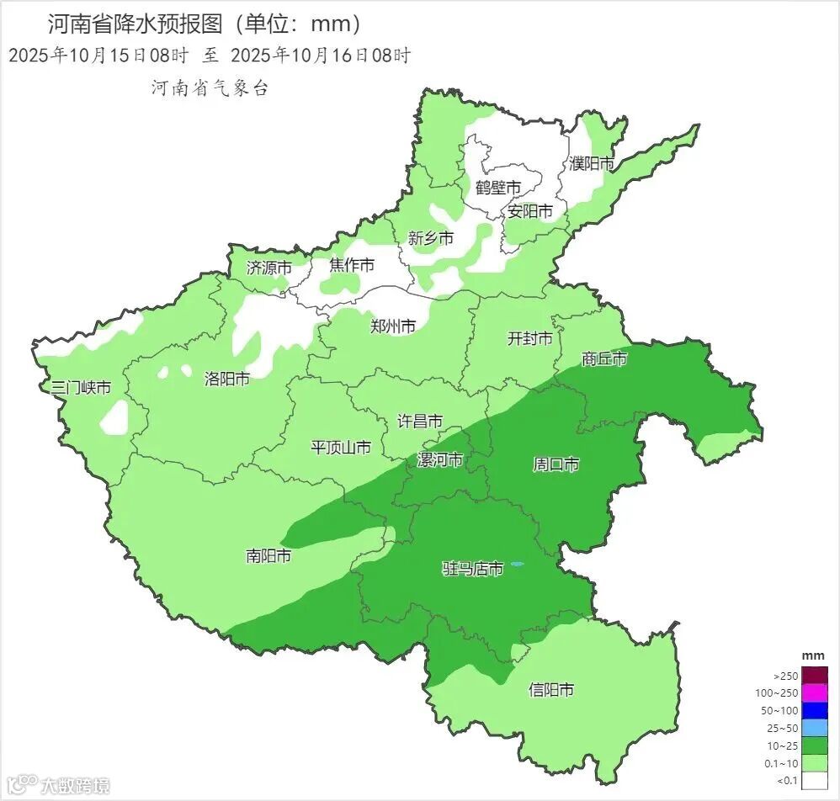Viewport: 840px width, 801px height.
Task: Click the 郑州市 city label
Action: tap(393, 326)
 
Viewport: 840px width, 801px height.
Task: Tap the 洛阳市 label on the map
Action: tap(227, 379)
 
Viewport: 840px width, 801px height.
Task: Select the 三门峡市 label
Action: tap(81, 388)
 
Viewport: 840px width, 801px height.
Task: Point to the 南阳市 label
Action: tap(268, 556)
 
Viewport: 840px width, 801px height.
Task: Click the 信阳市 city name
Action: tap(551, 690)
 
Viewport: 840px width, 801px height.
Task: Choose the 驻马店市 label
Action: tap(473, 570)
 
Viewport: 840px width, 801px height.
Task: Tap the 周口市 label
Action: tap(556, 464)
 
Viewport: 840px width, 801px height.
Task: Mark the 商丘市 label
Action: tap(604, 359)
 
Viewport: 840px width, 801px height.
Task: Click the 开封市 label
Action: tap(530, 339)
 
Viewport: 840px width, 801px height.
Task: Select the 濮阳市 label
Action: tap(592, 163)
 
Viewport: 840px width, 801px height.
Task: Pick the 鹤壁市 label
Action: tap(497, 187)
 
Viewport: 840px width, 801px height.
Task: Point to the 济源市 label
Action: tap(269, 268)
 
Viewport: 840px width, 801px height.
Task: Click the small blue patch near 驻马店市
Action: tap(517, 565)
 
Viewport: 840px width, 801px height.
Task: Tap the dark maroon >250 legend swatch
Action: tap(814, 675)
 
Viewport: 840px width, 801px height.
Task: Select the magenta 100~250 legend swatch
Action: tap(814, 692)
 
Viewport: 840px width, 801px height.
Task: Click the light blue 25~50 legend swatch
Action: tap(814, 728)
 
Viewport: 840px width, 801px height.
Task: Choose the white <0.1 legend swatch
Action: tap(814, 781)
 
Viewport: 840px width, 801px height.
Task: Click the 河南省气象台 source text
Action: tap(210, 88)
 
